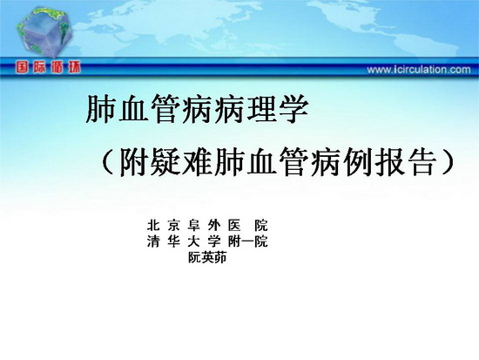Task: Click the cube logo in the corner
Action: click(x=44, y=31)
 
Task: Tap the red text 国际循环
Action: click(x=48, y=67)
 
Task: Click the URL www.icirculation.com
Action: click(x=419, y=70)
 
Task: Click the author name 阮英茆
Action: click(x=207, y=257)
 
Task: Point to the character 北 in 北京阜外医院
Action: click(x=153, y=226)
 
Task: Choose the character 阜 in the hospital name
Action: click(x=193, y=226)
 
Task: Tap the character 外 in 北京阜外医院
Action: click(x=214, y=226)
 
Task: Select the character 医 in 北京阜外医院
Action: click(x=234, y=226)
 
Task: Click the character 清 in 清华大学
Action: click(x=153, y=241)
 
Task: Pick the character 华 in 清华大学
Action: click(x=173, y=241)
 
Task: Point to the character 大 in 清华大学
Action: click(x=193, y=241)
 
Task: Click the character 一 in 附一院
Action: click(x=247, y=241)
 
